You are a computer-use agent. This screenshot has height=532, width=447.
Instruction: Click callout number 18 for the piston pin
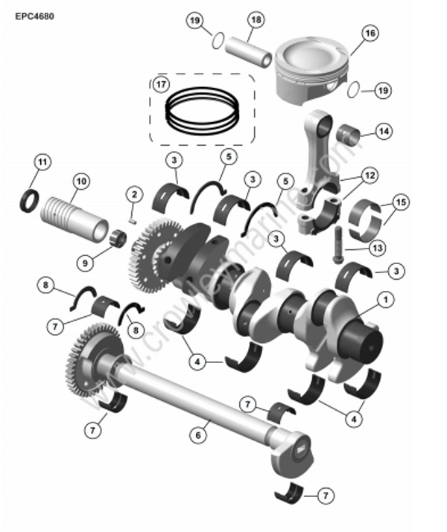[x=255, y=20]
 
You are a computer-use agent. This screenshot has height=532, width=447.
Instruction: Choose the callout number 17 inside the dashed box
[x=160, y=84]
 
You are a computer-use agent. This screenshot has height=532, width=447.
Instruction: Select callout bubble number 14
[x=383, y=132]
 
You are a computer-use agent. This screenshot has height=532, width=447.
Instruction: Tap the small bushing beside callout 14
[x=349, y=136]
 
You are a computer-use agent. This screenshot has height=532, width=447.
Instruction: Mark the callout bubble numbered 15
[x=402, y=202]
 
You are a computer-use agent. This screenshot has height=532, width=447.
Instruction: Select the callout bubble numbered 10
[x=80, y=181]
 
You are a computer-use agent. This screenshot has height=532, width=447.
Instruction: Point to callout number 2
[x=133, y=195]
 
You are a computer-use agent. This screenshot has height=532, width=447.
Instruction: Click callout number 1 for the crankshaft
[x=386, y=300]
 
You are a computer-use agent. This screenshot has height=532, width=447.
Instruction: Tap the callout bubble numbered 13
[x=378, y=247]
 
